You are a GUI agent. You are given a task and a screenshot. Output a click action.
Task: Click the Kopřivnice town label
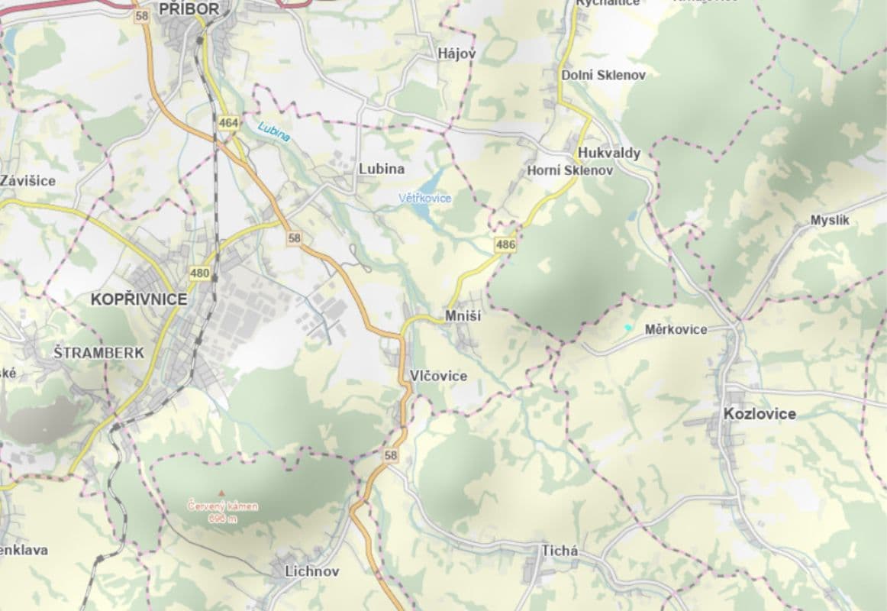(138, 299)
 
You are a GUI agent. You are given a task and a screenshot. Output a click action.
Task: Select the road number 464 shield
(228, 122)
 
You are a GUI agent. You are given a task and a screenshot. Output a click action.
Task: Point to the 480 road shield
(200, 273)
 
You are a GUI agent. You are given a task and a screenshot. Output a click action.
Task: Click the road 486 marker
(505, 245)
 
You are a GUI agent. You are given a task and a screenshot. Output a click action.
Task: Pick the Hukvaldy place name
(608, 153)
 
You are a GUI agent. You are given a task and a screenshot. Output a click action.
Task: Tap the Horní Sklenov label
(569, 171)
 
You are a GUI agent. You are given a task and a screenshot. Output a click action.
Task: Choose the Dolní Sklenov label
(603, 75)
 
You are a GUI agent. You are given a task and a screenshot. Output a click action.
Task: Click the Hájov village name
(456, 53)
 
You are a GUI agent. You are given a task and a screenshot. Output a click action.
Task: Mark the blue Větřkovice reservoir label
(425, 199)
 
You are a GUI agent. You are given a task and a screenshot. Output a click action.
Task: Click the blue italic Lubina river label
(274, 131)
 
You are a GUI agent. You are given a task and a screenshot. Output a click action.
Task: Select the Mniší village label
(463, 316)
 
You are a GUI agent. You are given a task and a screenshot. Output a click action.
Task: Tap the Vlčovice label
(438, 376)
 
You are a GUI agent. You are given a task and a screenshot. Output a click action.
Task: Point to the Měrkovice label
(676, 330)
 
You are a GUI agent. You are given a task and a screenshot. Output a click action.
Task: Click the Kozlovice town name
(759, 414)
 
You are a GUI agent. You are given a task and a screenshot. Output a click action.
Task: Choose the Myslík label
(830, 221)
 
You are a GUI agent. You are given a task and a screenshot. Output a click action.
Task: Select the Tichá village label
(560, 551)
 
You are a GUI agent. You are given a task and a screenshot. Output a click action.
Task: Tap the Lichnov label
(311, 571)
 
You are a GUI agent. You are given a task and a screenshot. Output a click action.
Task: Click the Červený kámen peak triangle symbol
(222, 493)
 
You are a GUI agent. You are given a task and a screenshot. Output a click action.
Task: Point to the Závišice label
(27, 181)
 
